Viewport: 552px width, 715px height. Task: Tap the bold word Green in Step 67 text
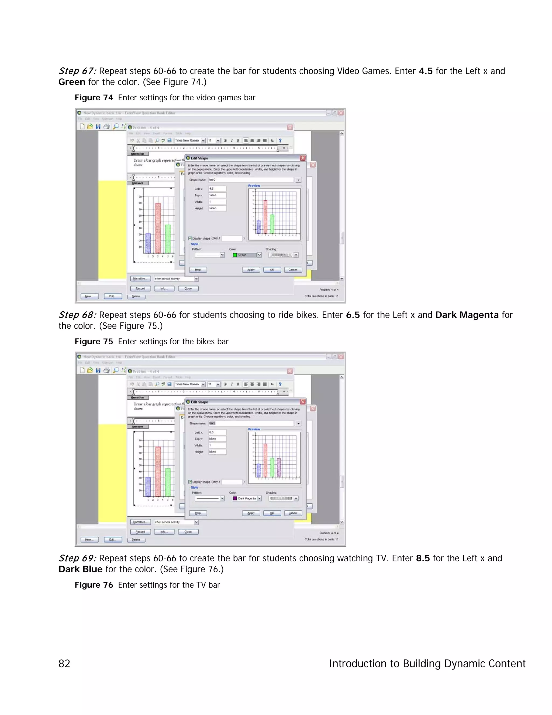coord(72,82)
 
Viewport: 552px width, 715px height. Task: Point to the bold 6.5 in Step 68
coord(353,315)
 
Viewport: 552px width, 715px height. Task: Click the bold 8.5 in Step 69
coord(423,558)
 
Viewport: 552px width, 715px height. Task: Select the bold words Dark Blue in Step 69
coord(80,569)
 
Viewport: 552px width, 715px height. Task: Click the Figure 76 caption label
coord(94,585)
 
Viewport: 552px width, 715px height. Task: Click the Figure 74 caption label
coord(94,98)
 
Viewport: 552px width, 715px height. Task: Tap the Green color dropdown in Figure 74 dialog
coord(247,255)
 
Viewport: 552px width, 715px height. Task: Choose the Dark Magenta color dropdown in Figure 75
coord(247,498)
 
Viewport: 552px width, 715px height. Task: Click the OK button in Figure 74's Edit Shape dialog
coord(272,270)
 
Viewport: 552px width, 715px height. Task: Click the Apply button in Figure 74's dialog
coord(251,270)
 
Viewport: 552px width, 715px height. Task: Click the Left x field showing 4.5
coord(218,189)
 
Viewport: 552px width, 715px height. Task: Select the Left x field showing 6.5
coord(218,432)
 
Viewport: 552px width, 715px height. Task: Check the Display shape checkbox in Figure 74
coord(190,238)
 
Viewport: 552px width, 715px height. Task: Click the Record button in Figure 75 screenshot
coord(140,532)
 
